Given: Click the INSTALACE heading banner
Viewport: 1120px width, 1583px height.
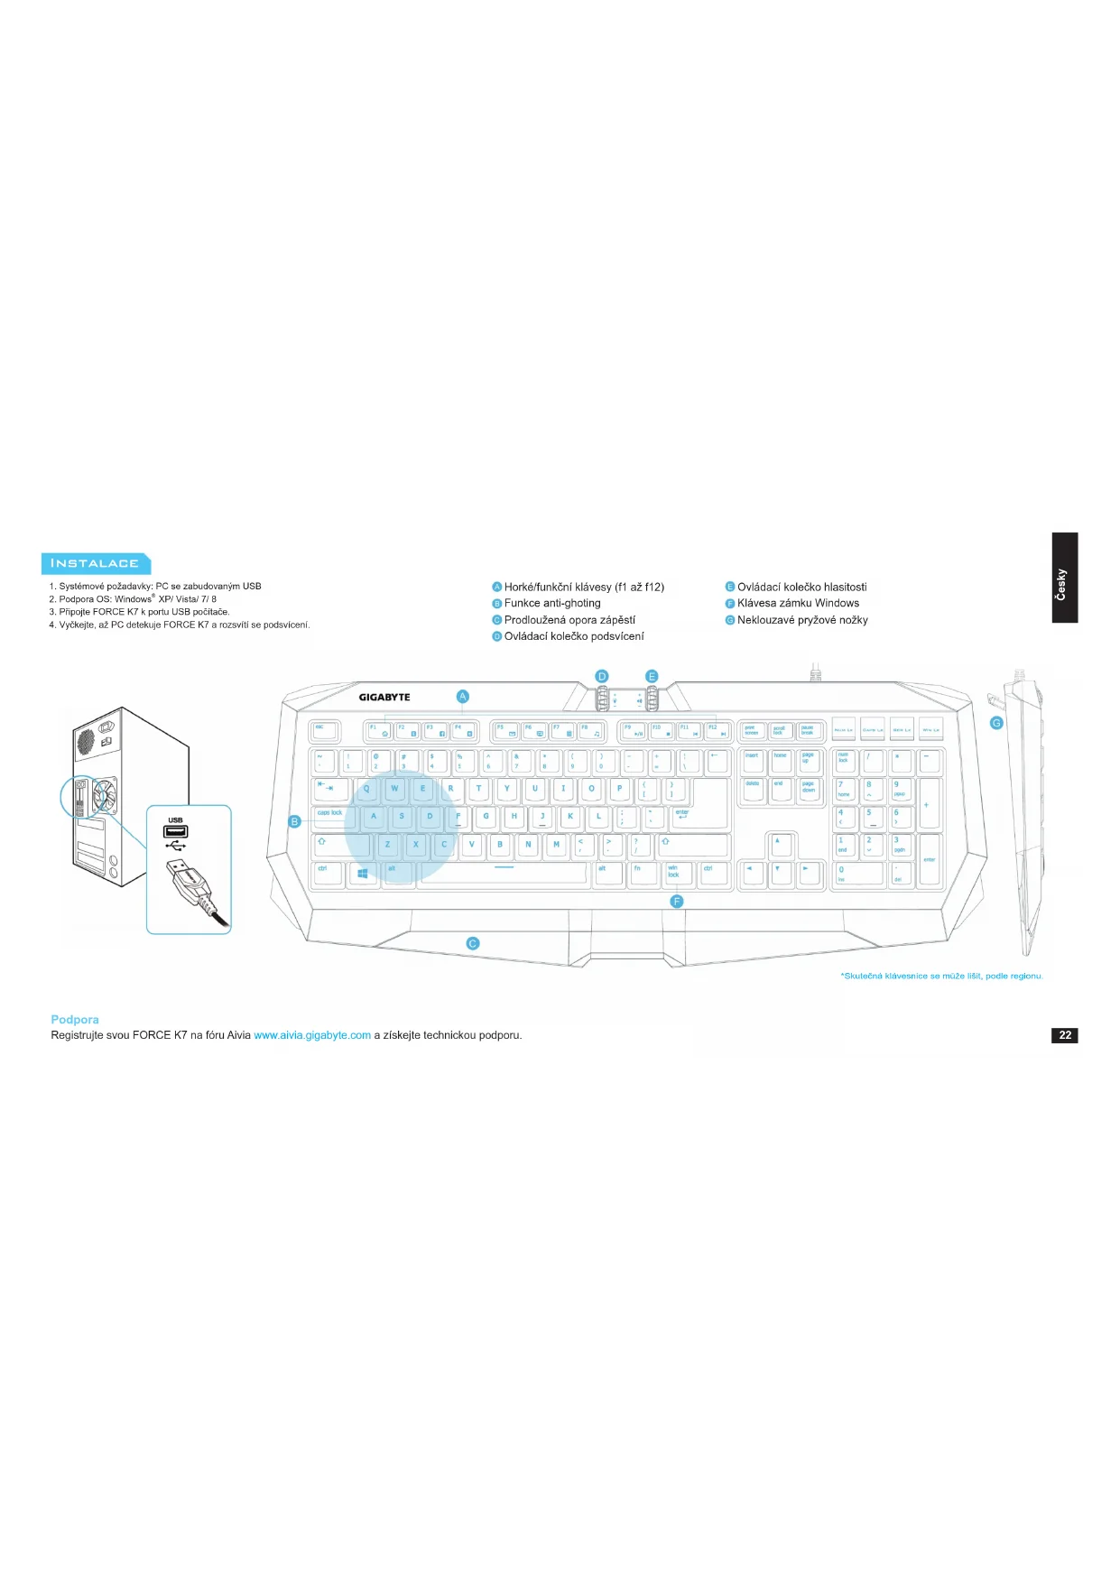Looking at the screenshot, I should coord(95,563).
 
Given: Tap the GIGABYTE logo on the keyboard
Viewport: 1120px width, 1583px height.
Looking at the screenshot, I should coord(384,697).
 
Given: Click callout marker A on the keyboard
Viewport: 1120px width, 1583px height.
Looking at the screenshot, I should coord(463,696).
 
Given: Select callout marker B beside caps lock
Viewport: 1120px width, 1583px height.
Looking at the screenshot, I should coord(294,821).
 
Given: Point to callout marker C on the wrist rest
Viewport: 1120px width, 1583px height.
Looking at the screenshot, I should coord(472,943).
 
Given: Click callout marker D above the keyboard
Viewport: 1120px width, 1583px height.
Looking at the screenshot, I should coord(602,677).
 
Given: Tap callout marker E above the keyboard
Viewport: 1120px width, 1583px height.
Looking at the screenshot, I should coord(652,677).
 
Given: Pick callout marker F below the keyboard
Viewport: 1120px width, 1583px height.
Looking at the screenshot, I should coord(677,902).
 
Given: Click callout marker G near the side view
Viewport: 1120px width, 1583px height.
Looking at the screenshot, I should coord(996,723).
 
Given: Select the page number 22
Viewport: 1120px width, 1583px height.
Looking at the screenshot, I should coord(1065,1035).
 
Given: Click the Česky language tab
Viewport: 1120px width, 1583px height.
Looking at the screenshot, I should coord(1064,578).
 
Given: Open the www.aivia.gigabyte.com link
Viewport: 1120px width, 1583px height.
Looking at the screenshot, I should coord(312,1035).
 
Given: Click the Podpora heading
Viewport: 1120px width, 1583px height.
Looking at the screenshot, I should coord(75,1019).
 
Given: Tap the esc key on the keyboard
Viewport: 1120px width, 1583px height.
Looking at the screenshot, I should coord(324,731).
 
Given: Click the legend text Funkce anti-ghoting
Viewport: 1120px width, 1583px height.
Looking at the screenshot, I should coord(551,603).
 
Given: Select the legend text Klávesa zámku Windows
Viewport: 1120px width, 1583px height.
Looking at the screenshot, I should coord(798,603).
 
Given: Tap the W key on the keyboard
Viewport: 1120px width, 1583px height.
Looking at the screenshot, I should coord(394,790).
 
